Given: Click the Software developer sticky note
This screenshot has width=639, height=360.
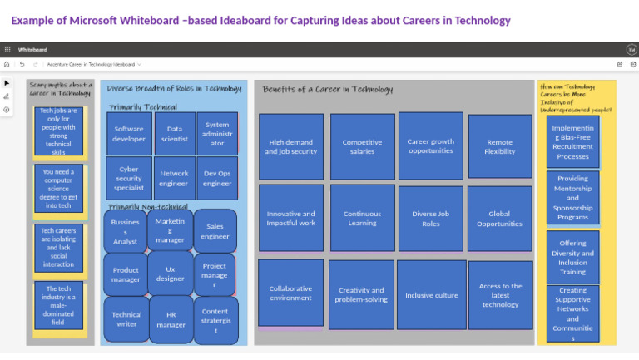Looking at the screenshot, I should tap(129, 134).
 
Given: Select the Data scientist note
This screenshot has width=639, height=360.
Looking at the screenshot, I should tap(175, 134).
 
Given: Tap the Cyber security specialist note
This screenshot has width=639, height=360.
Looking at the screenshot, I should tap(129, 178).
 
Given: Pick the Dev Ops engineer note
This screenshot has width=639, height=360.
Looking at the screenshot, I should tap(217, 178).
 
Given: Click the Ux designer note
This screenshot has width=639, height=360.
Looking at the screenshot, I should tap(171, 274).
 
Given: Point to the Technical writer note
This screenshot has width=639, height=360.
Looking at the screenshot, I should tap(126, 319).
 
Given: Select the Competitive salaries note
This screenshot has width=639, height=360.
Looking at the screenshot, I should tap(362, 147).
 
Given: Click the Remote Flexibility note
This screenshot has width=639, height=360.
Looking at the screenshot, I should tap(499, 147).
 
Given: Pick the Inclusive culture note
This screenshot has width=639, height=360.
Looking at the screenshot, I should tap(431, 295).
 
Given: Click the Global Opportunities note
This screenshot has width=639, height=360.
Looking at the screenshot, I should tap(499, 218).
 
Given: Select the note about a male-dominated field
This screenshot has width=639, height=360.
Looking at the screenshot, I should tap(58, 306).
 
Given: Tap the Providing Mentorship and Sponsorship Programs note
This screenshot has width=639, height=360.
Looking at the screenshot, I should tap(572, 198).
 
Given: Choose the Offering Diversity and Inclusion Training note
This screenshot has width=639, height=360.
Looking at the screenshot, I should tap(572, 257).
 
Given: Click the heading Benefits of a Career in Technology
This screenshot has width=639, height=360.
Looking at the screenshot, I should tap(327, 89).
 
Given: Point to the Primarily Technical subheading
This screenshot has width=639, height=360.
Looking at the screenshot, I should tap(142, 106).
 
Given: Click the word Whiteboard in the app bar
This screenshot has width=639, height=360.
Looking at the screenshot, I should tap(33, 50).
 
